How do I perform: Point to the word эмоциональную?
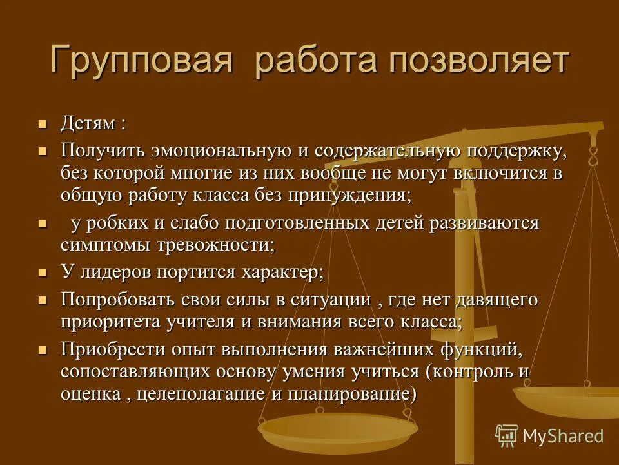point(221,152)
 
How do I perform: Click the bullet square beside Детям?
point(43,123)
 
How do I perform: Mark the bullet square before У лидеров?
point(43,273)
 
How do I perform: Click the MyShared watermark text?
point(562,436)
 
